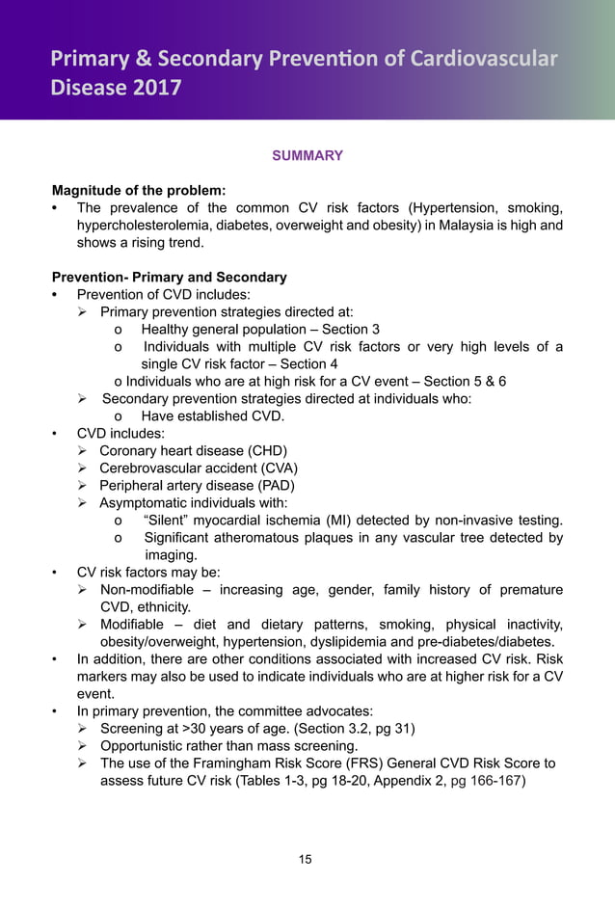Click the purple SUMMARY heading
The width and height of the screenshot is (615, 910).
click(307, 155)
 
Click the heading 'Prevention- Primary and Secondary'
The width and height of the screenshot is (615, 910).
click(169, 277)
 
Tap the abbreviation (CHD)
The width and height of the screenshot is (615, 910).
click(267, 450)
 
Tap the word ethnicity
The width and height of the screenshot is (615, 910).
click(161, 606)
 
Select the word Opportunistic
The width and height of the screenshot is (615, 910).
click(147, 745)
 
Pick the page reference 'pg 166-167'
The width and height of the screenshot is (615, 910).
click(488, 780)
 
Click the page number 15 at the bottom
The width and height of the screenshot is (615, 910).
click(306, 859)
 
